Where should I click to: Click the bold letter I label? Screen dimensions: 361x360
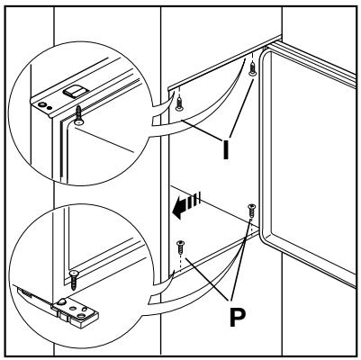point(226,149)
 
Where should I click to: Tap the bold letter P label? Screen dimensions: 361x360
point(238,317)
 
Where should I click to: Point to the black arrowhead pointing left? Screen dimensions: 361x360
point(179,207)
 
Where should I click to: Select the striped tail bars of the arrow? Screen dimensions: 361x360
point(194,201)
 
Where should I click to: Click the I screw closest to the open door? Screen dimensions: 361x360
point(253,69)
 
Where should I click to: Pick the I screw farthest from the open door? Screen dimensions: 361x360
point(179,103)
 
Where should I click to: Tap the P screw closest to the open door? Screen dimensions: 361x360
point(251,211)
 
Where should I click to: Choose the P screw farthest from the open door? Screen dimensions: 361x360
point(180,247)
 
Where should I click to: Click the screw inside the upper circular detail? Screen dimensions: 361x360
point(78,115)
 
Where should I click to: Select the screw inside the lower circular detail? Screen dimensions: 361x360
point(74,280)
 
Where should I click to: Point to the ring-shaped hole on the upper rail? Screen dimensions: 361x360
point(42,104)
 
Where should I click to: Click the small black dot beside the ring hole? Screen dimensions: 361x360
point(50,108)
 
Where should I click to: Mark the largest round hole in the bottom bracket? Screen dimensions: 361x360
point(81,315)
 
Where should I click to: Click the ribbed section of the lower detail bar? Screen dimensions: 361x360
point(26,292)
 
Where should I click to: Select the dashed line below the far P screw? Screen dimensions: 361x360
point(180,262)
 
